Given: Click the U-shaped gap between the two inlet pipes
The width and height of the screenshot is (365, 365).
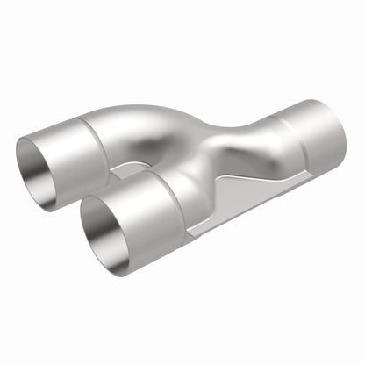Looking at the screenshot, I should click(x=132, y=171).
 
